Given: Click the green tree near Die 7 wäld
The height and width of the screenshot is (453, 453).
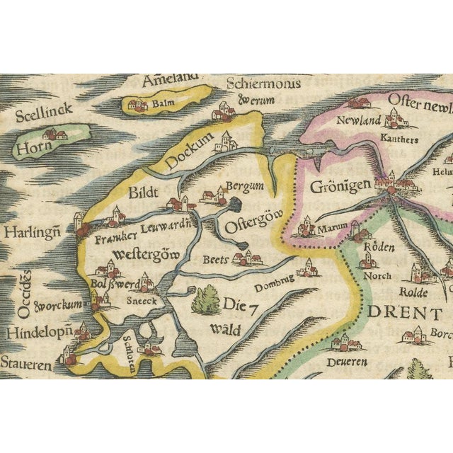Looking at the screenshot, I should click(206, 299).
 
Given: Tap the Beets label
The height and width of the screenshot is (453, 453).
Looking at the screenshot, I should click(215, 260).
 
